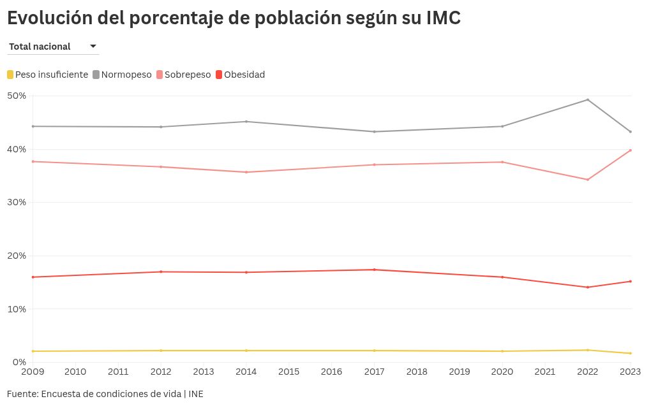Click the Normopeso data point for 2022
coord(587,99)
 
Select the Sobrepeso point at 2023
coord(631,150)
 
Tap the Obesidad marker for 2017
coord(374,270)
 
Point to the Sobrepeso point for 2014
coord(246,172)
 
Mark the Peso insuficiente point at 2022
coord(587,350)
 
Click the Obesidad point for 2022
coord(587,287)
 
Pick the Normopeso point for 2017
coord(374,132)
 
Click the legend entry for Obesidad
coord(244,75)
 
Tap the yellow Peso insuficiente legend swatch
coord(10,75)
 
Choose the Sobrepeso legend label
coord(187,75)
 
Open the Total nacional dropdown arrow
coord(93,47)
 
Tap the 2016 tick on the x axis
coord(331,372)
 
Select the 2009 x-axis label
coord(33,372)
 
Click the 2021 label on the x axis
coord(544,372)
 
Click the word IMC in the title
coord(443,18)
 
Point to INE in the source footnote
coord(196,394)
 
